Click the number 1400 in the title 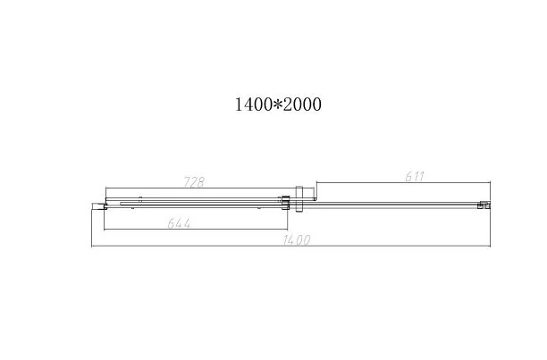253,105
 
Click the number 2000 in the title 302,105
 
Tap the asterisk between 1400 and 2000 277,105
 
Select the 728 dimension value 194,182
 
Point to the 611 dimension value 415,177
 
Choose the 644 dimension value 180,223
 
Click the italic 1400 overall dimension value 297,240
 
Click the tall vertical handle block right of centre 299,198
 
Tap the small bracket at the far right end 484,205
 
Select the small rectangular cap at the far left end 98,206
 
